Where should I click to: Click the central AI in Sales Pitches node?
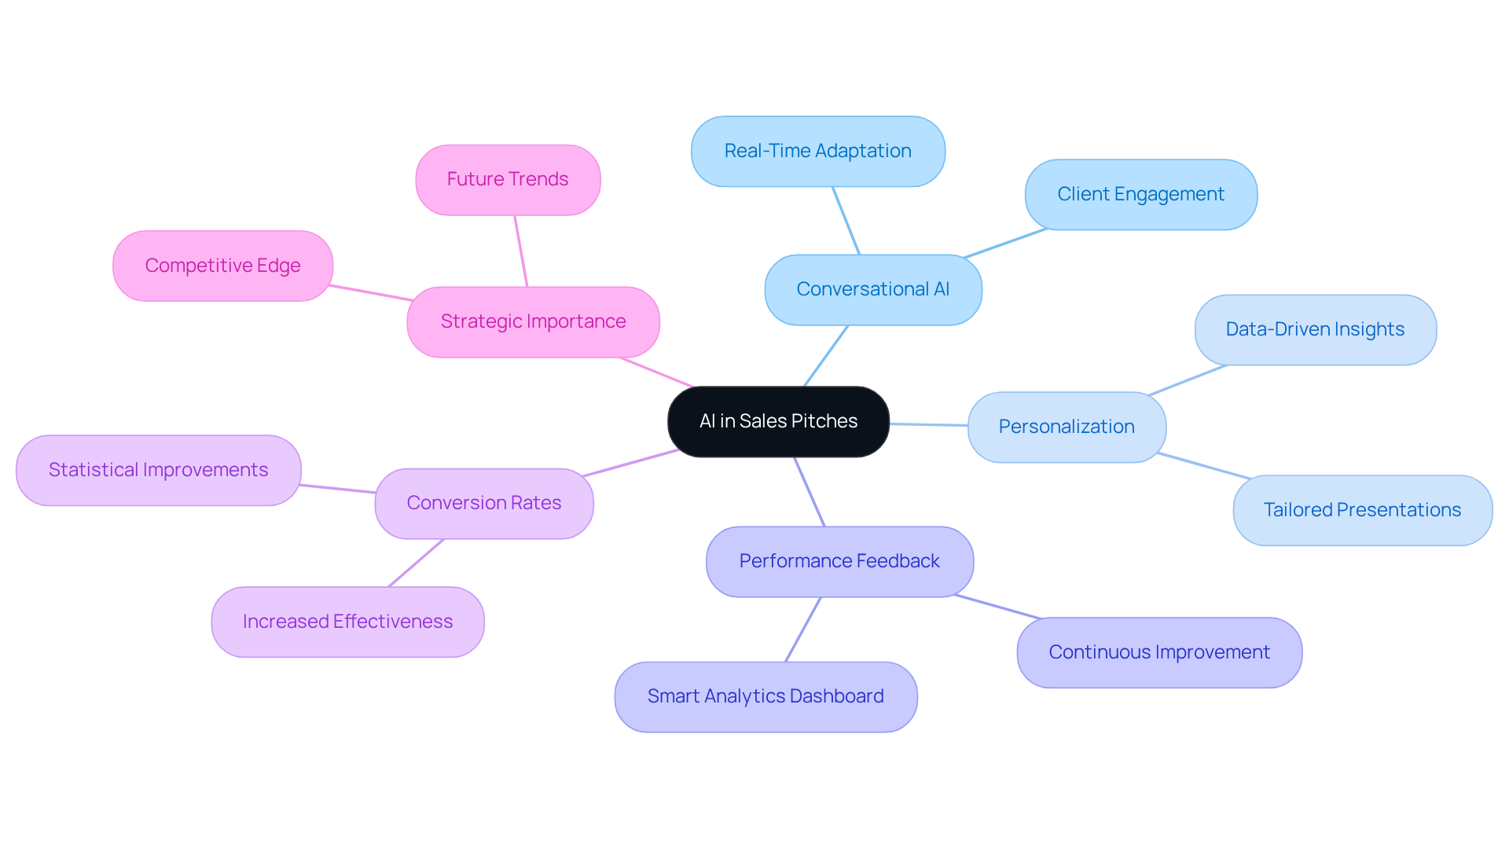coord(778,421)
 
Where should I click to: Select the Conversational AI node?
coord(872,289)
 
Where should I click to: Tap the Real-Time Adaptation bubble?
coord(817,151)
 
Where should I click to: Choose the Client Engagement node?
coord(1140,194)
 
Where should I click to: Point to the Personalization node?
coord(1067,427)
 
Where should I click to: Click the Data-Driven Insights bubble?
coord(1315,329)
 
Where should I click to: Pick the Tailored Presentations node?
coord(1362,510)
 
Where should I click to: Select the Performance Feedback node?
coord(839,561)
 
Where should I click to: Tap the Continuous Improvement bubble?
coord(1159,652)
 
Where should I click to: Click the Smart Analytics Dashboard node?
coord(766,696)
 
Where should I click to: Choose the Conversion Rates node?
coord(484,503)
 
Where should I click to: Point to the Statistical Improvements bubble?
coord(158,470)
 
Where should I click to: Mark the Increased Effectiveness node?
coord(347,622)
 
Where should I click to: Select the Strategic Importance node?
coord(533,321)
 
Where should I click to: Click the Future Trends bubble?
coord(508,179)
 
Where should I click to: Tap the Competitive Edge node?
coord(222,266)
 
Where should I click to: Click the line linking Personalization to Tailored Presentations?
coord(1202,465)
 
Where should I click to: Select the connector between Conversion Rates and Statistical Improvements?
coord(338,489)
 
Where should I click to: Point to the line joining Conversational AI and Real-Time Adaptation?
coord(846,220)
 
